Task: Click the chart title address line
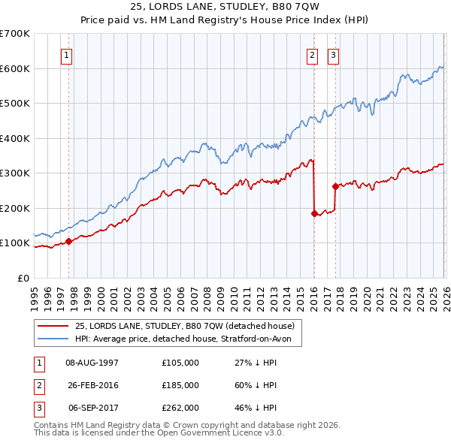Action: click(225, 8)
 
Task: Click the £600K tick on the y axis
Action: click(15, 68)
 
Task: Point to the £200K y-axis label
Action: click(15, 208)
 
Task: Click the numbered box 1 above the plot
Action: click(67, 54)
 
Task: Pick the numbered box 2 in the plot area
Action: click(312, 54)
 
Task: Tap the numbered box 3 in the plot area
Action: click(333, 54)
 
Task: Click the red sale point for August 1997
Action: click(68, 241)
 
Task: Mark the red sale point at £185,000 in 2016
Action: click(314, 213)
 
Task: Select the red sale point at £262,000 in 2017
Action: click(335, 186)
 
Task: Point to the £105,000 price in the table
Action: click(180, 363)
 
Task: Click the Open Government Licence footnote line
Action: click(148, 433)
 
